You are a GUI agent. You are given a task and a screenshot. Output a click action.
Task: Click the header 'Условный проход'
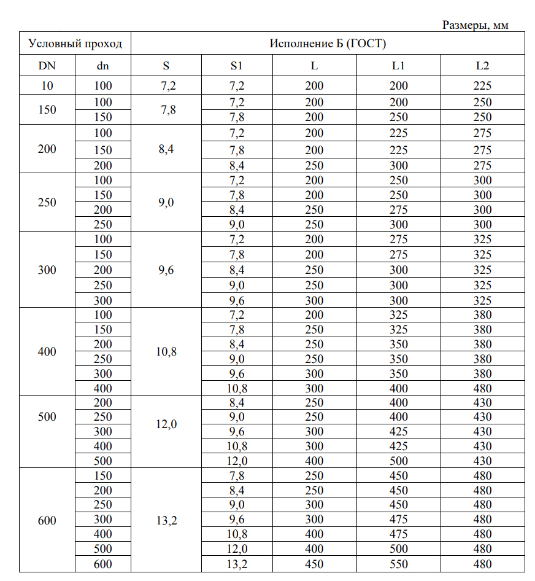click(x=75, y=44)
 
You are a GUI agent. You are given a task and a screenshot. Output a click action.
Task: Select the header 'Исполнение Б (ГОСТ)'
click(x=328, y=44)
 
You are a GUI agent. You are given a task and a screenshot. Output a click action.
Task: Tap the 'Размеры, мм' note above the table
click(x=475, y=25)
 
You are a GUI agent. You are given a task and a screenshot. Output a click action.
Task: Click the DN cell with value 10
click(x=47, y=86)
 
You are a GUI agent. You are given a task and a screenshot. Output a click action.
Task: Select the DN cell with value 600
click(x=47, y=521)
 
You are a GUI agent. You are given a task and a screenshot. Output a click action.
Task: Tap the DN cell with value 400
click(x=47, y=352)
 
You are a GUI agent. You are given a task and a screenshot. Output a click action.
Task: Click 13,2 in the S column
click(x=166, y=521)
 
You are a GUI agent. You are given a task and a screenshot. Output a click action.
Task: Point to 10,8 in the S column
click(x=166, y=352)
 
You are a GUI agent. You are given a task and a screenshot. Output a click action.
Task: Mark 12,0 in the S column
click(x=166, y=424)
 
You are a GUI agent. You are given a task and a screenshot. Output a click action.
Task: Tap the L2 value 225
click(x=482, y=86)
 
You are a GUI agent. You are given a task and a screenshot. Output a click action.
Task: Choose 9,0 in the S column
click(x=166, y=203)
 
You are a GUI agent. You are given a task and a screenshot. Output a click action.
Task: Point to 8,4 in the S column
click(x=166, y=148)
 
